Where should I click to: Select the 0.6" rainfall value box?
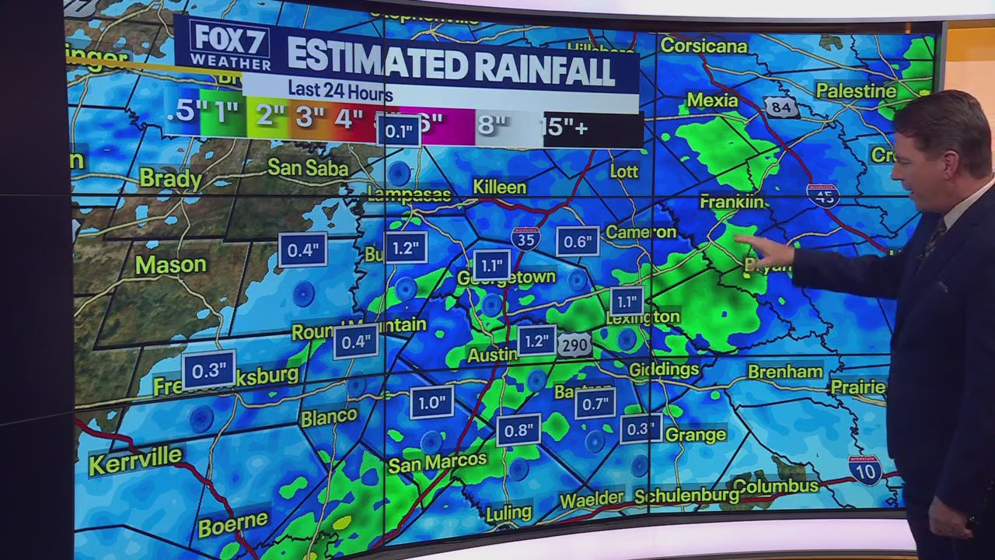578,242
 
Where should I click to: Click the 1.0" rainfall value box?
431,403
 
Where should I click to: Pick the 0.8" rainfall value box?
518,430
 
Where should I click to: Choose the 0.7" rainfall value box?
595,404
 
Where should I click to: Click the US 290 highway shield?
574,346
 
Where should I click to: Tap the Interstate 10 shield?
864,470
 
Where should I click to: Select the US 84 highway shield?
781,107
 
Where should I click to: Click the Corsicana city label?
703,46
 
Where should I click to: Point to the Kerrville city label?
135,460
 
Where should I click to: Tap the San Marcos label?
437,463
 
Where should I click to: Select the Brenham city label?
785,372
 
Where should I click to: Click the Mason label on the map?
170,265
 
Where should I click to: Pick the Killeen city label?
500,187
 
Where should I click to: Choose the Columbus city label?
775,487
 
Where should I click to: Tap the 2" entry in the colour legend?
271,117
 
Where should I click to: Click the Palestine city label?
856,91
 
